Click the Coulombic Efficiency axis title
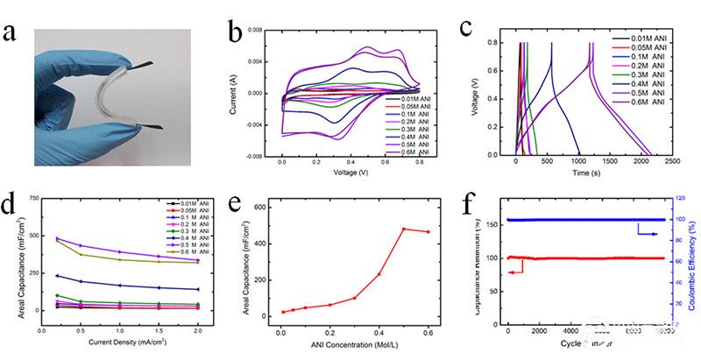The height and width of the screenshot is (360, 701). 692,263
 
